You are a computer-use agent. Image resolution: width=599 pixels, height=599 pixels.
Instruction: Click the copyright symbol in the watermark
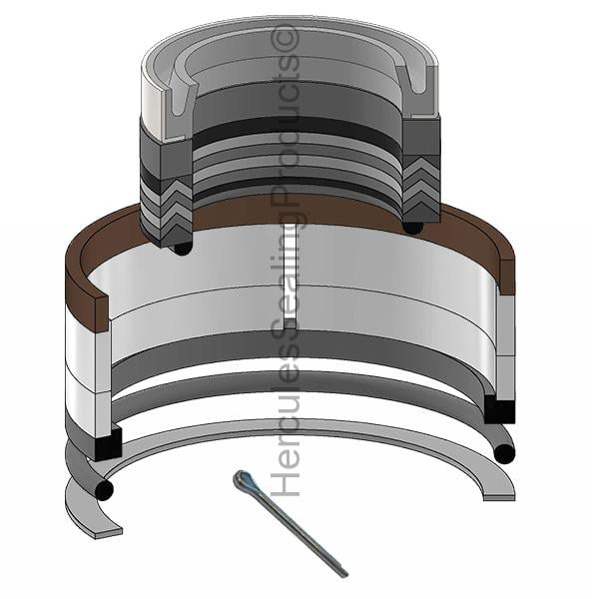tap(285, 38)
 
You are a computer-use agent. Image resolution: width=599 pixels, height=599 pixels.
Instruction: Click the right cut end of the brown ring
tap(507, 277)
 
